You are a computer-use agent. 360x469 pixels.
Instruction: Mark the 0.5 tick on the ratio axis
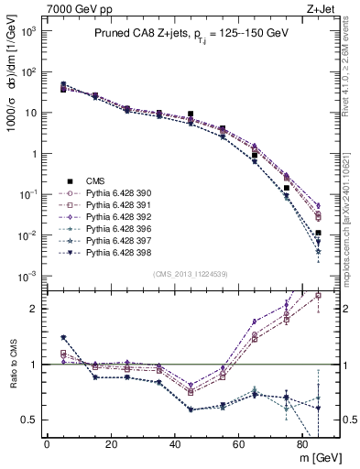tap(30, 420)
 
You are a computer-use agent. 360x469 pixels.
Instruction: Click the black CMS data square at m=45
tap(191, 115)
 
